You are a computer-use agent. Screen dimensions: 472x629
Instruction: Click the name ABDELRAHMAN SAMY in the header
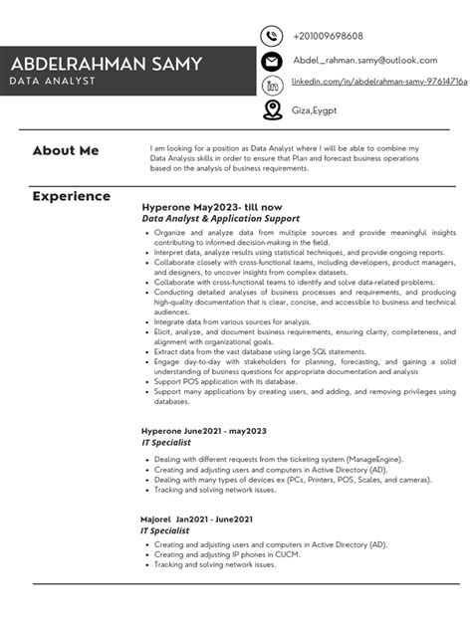(x=107, y=65)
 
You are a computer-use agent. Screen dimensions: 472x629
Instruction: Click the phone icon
(x=271, y=36)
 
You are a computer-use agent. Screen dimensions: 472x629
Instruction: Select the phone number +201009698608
(x=328, y=36)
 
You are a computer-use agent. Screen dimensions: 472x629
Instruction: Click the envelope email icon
(x=271, y=62)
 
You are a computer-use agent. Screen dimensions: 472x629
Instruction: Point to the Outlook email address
(x=365, y=61)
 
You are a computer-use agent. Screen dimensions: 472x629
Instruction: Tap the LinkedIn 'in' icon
(x=271, y=86)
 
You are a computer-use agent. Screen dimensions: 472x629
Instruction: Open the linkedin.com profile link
(x=379, y=86)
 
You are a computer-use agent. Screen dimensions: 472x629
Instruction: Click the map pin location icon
(x=271, y=110)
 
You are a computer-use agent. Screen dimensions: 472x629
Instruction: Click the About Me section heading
(x=66, y=151)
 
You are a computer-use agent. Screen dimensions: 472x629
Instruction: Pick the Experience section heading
(x=71, y=196)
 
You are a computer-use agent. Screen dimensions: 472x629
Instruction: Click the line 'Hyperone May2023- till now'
(x=212, y=206)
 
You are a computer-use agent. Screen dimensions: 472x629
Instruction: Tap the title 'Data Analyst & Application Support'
(x=220, y=218)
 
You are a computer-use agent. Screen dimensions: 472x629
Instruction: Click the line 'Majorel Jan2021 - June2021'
(x=196, y=520)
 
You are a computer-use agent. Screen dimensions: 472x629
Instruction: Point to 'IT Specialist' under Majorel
(x=165, y=531)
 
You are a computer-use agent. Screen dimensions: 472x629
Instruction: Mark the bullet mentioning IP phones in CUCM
(x=231, y=555)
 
